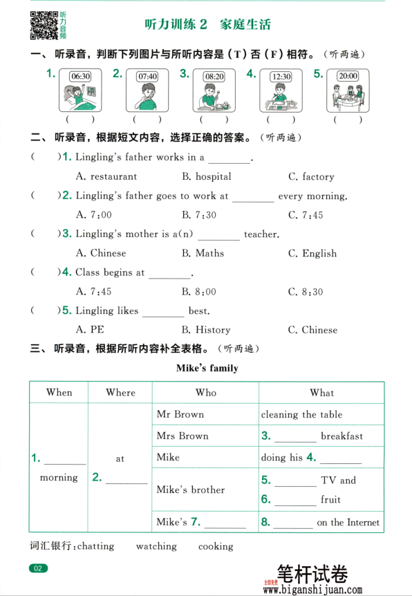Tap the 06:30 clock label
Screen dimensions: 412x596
click(81, 76)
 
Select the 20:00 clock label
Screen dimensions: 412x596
click(348, 76)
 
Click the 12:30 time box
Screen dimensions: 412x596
click(281, 77)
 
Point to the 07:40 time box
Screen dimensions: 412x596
click(147, 76)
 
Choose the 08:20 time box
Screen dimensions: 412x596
click(214, 76)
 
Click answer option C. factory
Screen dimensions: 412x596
click(311, 176)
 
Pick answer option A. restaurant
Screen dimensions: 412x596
click(106, 176)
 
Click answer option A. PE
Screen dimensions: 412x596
click(90, 330)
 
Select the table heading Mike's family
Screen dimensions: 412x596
click(207, 368)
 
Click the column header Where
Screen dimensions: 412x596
click(120, 392)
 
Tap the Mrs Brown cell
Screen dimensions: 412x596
click(182, 436)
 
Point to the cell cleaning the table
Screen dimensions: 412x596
click(301, 414)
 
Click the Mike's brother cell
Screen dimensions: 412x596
click(191, 490)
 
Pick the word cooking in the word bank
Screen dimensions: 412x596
click(216, 546)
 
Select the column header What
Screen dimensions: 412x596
click(321, 392)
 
